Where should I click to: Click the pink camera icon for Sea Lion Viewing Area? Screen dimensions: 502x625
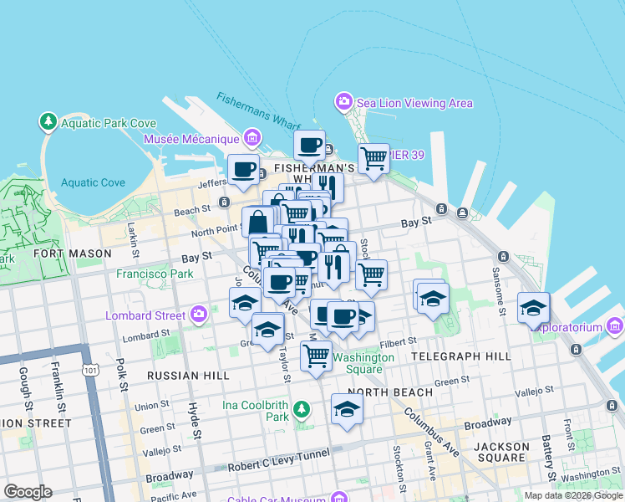[343, 103]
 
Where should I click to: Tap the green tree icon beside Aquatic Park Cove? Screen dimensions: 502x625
[48, 123]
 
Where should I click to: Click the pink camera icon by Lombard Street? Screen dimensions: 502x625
[198, 315]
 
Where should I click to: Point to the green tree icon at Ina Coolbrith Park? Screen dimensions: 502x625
[302, 410]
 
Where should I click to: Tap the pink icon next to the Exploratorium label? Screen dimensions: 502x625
[615, 325]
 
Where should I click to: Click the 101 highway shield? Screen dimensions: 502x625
[89, 370]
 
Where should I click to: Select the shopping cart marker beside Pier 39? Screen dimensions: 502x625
[373, 156]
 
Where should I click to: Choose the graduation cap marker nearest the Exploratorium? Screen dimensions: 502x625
[533, 307]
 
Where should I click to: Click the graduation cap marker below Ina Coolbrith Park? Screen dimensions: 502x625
[347, 409]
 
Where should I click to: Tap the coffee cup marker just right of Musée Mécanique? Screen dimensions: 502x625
[309, 145]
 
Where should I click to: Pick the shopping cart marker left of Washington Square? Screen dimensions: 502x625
[316, 355]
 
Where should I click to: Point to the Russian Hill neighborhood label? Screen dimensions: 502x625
[188, 376]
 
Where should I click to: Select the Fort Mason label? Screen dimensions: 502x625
[72, 253]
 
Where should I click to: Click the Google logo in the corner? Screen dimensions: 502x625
[28, 492]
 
